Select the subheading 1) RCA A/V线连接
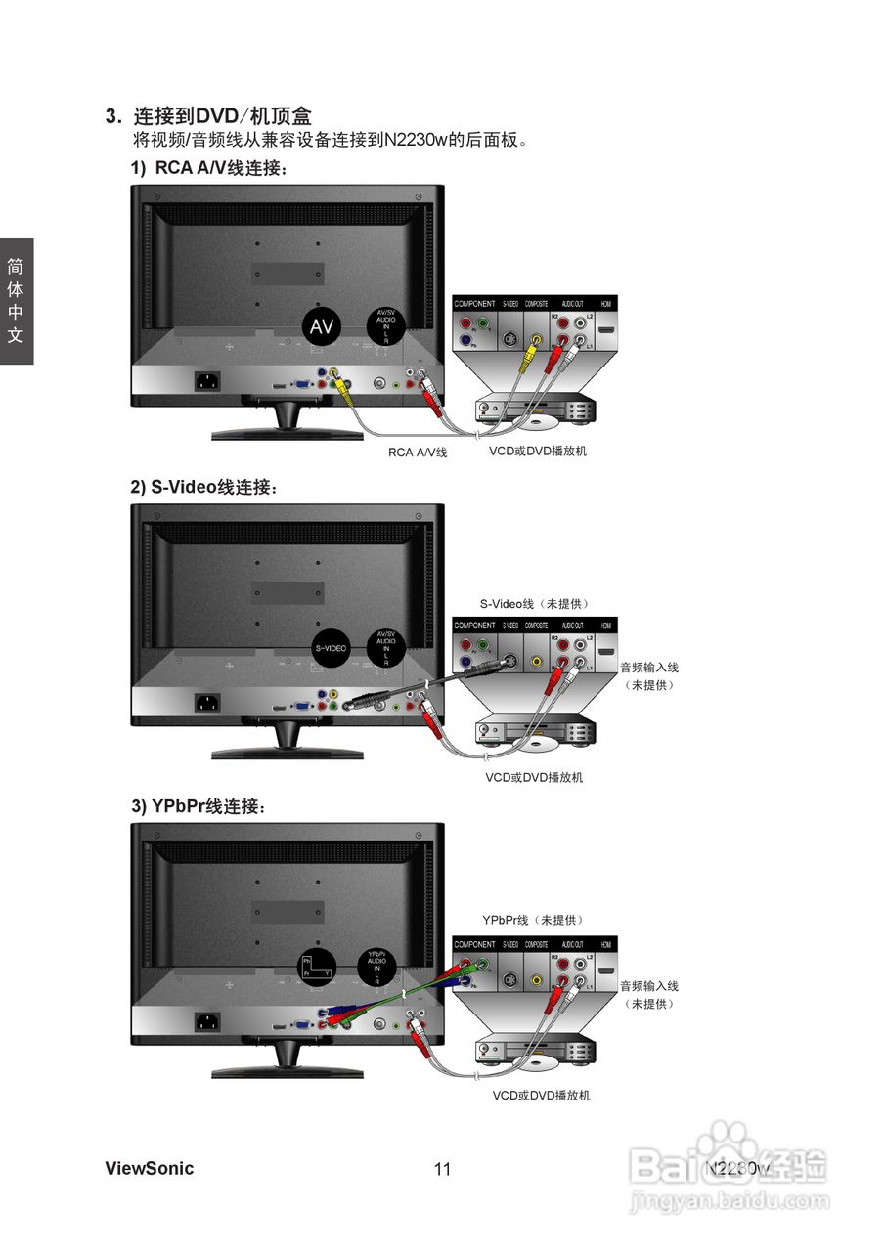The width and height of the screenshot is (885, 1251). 209,168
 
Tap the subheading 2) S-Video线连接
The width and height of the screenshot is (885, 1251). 204,487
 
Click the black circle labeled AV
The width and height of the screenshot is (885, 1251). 322,328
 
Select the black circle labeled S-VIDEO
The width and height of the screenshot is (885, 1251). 330,648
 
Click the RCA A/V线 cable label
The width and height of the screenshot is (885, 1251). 418,453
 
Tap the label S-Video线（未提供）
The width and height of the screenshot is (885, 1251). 535,604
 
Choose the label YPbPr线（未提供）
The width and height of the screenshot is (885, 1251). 533,920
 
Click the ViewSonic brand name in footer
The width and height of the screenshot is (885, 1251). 149,1169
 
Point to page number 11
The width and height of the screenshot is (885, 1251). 442,1170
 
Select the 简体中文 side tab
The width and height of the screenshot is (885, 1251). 16,301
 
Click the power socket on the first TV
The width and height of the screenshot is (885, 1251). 208,380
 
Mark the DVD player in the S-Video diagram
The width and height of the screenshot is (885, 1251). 534,732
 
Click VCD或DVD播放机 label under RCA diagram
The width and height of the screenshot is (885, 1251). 538,452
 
